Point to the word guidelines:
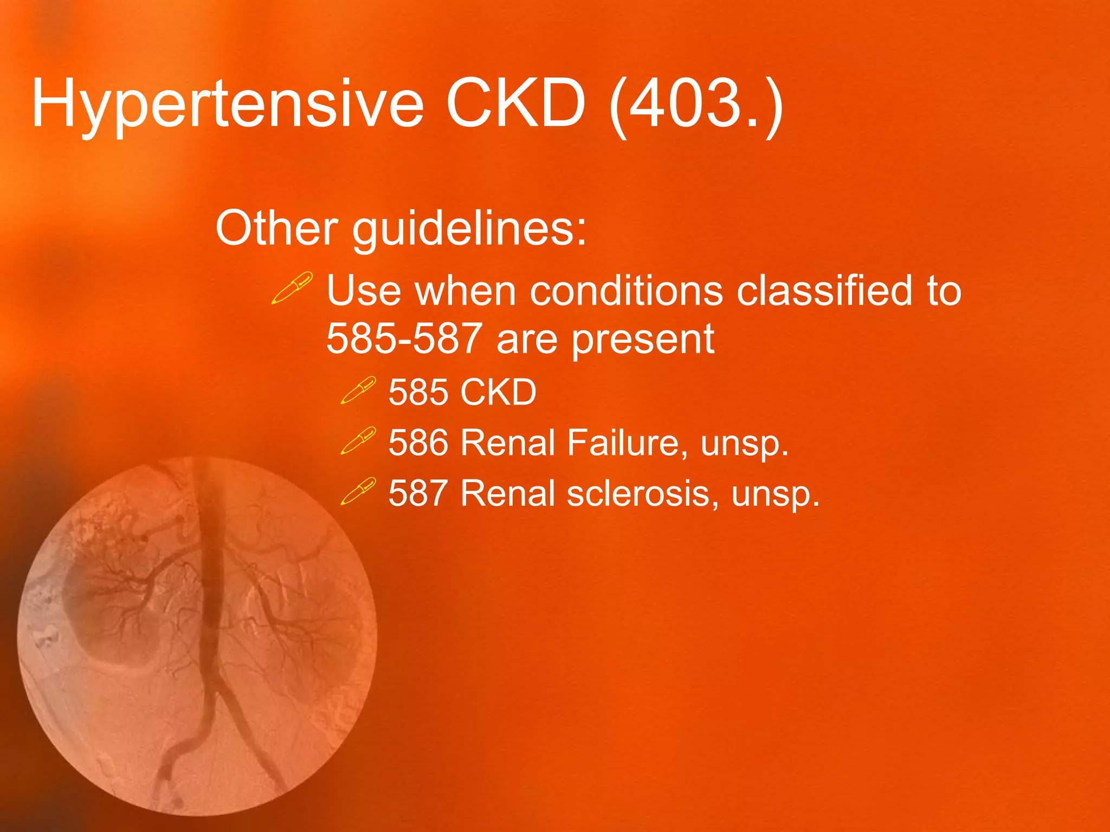click(x=469, y=229)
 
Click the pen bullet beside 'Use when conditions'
click(x=292, y=288)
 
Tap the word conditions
click(x=626, y=291)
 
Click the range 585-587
click(x=404, y=339)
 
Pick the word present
click(x=643, y=341)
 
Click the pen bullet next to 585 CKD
click(x=358, y=391)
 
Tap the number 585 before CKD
click(x=418, y=392)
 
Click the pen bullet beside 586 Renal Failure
click(x=358, y=440)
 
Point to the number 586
click(x=418, y=443)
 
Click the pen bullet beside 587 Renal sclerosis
click(x=358, y=491)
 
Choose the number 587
click(x=418, y=493)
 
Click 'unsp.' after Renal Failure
click(x=744, y=444)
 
